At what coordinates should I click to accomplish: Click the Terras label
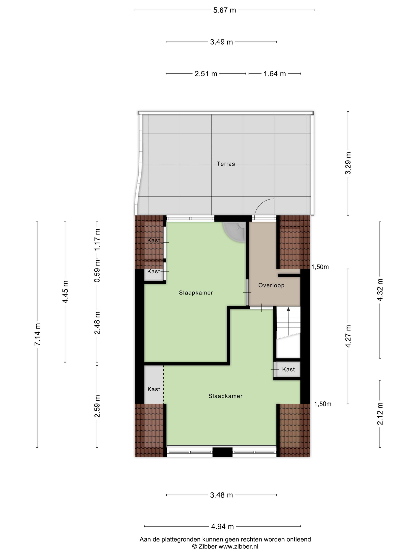[226, 164]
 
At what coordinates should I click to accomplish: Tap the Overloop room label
[271, 285]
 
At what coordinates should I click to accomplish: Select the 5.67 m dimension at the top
[224, 10]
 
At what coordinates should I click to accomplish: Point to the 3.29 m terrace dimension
[348, 163]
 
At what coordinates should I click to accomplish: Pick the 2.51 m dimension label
[206, 74]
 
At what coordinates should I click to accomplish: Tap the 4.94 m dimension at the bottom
[222, 526]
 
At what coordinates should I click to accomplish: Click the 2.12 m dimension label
[380, 414]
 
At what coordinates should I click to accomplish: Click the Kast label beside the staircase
[288, 369]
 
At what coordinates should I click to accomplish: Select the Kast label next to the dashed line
[153, 389]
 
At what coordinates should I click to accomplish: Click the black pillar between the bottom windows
[222, 452]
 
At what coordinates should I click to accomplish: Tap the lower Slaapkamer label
[225, 396]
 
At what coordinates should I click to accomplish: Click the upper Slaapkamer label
[196, 292]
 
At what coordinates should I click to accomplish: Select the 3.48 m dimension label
[221, 495]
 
